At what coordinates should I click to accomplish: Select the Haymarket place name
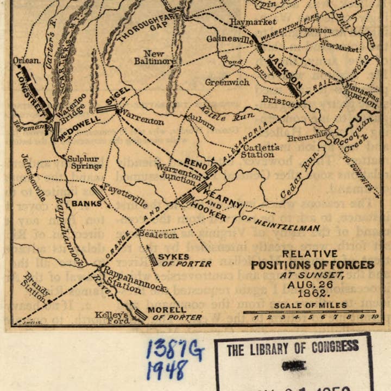tap(253, 22)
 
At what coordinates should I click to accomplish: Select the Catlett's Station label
tap(261, 150)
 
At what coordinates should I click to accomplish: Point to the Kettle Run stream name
tap(220, 113)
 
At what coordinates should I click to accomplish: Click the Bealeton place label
tap(157, 235)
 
